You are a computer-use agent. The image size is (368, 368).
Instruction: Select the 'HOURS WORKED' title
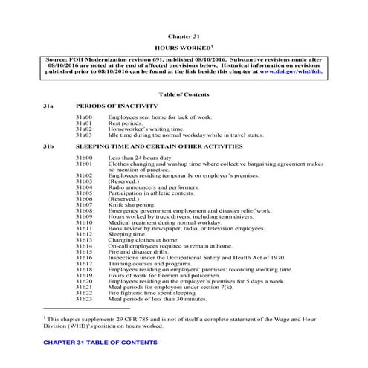point(183,46)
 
